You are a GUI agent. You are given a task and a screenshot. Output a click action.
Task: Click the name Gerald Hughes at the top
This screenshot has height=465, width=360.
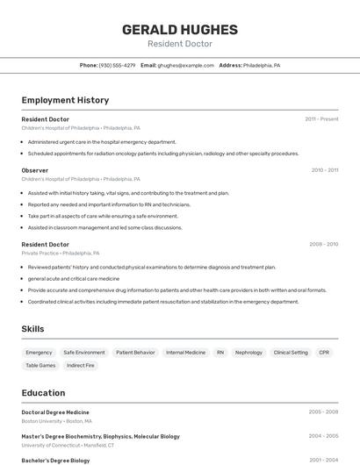pos(179,29)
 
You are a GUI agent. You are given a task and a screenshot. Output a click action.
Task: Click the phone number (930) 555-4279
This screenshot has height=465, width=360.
pos(117,65)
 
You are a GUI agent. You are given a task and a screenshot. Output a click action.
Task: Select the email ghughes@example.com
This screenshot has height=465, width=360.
pos(186,65)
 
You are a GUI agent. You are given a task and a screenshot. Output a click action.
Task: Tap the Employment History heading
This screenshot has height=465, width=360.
pos(65,100)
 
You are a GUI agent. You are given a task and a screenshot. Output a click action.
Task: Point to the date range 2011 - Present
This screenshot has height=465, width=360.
pos(321,119)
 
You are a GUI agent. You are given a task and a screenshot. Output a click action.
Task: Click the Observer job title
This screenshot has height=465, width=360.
pos(35,170)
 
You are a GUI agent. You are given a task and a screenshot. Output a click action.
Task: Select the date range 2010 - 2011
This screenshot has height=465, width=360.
pos(324,170)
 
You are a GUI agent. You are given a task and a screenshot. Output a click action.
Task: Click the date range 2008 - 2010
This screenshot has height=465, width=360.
pos(323,245)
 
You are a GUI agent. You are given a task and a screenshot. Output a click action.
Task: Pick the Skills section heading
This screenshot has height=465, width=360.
pos(33,329)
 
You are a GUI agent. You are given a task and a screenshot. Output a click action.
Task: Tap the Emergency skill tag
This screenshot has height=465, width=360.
pos(39,353)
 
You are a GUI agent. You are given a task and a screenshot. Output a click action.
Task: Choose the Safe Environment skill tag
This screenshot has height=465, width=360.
pos(84,353)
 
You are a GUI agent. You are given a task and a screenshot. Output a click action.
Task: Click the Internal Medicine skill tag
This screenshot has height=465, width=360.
pos(185,353)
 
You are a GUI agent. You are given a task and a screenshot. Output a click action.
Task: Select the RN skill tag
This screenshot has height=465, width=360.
pos(220,353)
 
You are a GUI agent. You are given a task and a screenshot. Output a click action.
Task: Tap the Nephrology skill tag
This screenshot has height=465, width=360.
pos(249,353)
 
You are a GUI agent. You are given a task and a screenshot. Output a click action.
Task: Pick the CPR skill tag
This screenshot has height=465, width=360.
pos(324,353)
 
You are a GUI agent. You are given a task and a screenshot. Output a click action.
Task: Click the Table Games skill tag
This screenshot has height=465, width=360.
pos(40,365)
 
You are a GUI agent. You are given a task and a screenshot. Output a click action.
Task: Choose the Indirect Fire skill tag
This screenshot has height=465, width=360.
pos(81,365)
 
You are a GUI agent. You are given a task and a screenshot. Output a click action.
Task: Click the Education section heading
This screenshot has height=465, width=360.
pos(43,393)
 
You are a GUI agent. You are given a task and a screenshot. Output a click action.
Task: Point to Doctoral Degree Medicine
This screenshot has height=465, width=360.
pos(55,411)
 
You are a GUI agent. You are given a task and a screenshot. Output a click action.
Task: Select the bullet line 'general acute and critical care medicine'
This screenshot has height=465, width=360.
pos(73,278)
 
